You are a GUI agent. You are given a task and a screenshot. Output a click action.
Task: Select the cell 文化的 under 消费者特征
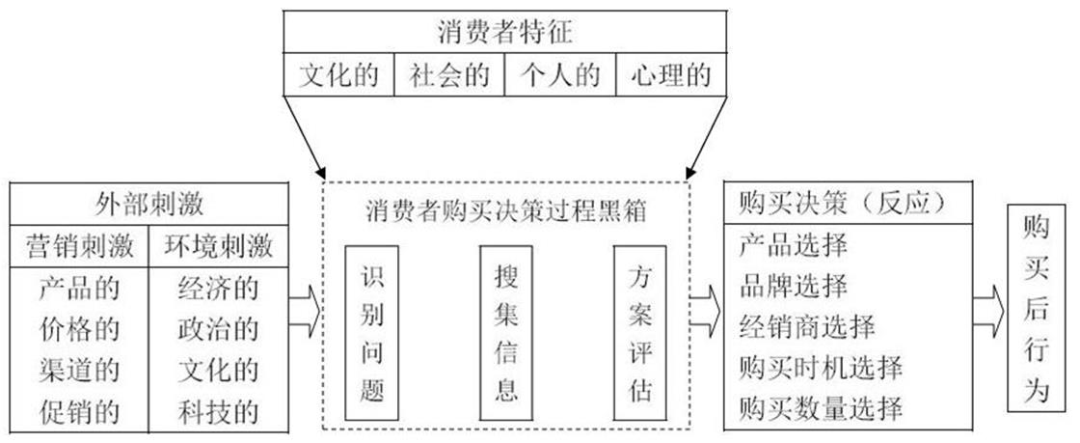[x=338, y=75]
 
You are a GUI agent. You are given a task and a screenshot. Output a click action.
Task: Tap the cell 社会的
[x=449, y=75]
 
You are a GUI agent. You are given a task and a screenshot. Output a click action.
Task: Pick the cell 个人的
[x=560, y=75]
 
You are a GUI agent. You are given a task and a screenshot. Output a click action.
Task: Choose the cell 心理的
[x=671, y=75]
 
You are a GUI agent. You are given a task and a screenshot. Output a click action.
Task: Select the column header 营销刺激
[x=79, y=246]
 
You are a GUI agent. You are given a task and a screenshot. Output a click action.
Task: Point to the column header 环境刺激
[x=220, y=246]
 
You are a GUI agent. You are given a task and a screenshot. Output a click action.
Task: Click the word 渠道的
[x=79, y=371]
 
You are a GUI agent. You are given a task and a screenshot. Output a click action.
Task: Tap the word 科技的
[x=220, y=412]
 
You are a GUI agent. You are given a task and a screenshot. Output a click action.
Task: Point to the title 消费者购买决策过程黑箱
[x=504, y=209]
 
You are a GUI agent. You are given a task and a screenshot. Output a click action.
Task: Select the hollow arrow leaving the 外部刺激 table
[x=307, y=311]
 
